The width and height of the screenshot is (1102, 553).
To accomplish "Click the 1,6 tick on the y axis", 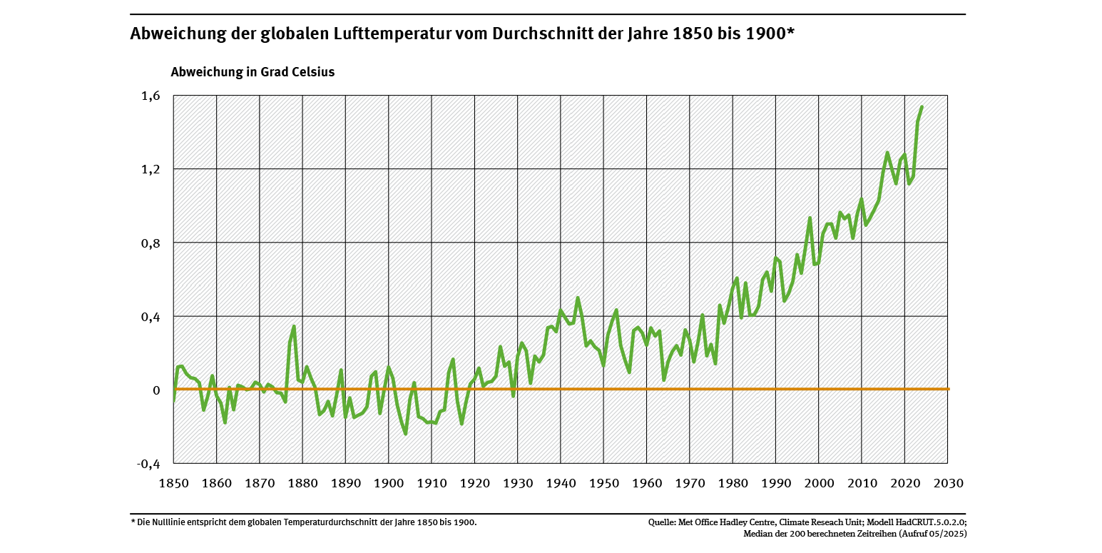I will coord(151,96).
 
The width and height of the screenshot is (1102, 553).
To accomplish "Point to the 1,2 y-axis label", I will coord(151,169).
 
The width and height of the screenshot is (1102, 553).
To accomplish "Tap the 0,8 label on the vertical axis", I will coord(151,243).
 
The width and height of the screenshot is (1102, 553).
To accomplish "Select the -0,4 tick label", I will coord(149,464).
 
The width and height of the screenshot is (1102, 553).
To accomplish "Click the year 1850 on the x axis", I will coord(174,483).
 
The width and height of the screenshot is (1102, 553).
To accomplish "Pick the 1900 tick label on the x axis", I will coord(389,483).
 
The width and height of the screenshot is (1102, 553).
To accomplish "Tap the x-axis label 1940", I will coord(561,483).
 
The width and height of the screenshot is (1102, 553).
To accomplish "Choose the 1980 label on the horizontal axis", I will coord(733,483).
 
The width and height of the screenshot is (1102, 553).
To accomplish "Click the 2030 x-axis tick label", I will coord(948,483).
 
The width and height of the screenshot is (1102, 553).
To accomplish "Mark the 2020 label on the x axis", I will coord(905,483).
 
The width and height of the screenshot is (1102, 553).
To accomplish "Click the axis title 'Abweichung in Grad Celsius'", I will coord(252,72).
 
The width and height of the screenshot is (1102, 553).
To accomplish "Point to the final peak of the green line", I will coord(922,107).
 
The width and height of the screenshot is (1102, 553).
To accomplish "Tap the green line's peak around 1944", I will coord(578,298).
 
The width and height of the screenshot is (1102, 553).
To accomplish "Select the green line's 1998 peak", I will coord(810,218).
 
